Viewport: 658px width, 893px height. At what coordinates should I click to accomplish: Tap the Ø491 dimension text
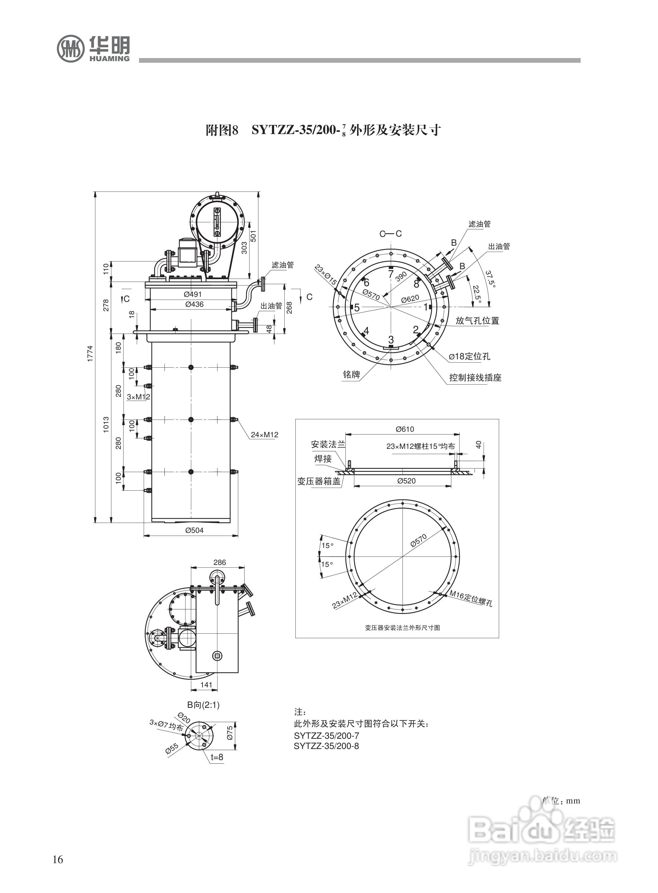[x=193, y=294]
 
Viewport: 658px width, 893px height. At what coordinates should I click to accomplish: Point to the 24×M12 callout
[x=264, y=434]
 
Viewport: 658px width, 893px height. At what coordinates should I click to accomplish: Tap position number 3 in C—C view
[x=391, y=340]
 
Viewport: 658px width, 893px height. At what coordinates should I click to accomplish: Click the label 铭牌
[x=351, y=375]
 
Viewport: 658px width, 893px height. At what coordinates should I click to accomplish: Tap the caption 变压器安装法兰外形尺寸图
[x=402, y=627]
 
